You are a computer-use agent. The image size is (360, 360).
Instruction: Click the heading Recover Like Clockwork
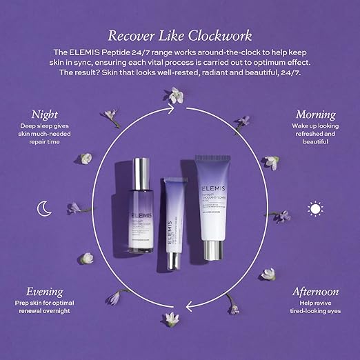click(x=179, y=34)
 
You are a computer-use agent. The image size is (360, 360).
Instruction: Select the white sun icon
click(x=315, y=208)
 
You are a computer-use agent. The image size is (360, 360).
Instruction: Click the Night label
click(x=43, y=113)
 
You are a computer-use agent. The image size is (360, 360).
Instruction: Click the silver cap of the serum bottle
click(x=141, y=172)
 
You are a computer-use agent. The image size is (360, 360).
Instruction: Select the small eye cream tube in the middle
click(x=174, y=221)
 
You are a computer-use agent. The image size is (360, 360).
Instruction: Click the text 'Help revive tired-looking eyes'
click(x=314, y=307)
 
